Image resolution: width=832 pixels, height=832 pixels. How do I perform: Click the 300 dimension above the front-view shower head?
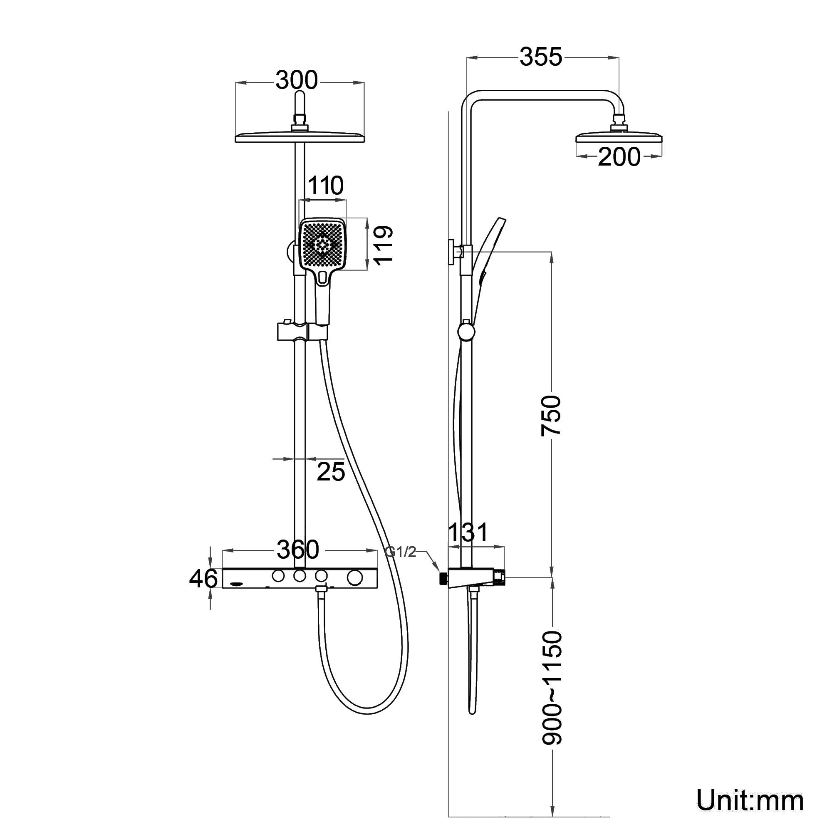[x=297, y=80]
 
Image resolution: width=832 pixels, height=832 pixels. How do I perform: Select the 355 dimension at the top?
[x=541, y=57]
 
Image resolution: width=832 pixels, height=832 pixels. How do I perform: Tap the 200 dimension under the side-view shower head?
[x=619, y=157]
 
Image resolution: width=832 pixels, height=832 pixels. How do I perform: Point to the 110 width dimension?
[x=326, y=186]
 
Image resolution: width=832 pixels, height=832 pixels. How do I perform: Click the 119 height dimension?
[x=383, y=244]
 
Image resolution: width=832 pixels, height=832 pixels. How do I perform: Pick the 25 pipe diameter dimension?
[x=331, y=472]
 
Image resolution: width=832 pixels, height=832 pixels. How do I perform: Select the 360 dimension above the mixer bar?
[x=298, y=550]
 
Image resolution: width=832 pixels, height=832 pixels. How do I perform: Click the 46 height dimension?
[x=203, y=578]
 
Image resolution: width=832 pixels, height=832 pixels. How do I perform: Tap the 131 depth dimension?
[x=468, y=532]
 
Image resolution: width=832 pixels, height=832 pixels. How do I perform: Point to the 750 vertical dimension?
[x=551, y=416]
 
